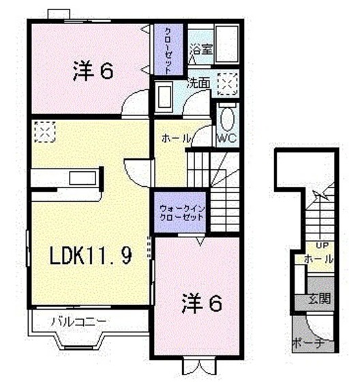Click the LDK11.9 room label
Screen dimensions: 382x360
[x=89, y=256]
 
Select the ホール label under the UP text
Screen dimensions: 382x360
[x=319, y=260]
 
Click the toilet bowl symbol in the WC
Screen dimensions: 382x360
[x=228, y=120]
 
